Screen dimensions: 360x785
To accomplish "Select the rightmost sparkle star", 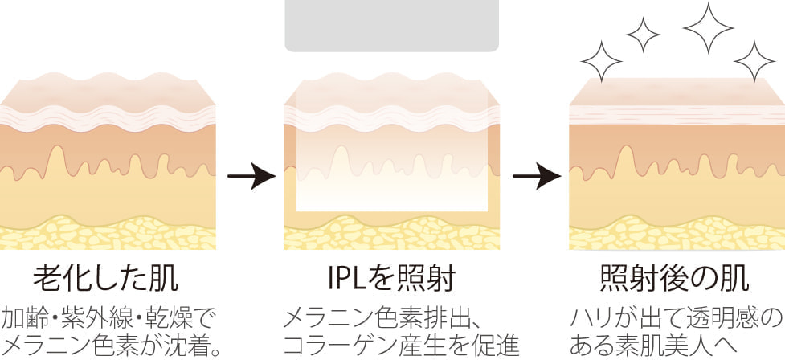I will pos(754,61).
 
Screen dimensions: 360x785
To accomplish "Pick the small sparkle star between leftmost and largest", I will pos(642,33).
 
